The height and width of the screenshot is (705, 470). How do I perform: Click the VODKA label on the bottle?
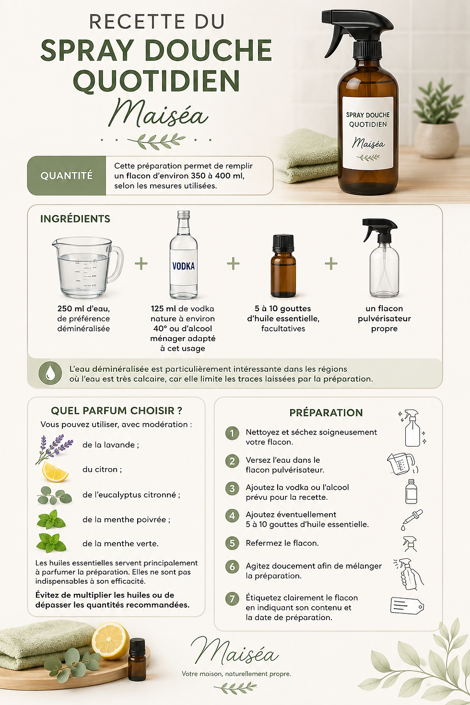coord(184,266)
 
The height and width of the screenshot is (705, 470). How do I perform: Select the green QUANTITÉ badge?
coord(66,176)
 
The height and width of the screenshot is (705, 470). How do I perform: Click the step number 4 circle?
coord(232,516)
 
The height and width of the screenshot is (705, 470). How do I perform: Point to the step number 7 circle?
coord(232,599)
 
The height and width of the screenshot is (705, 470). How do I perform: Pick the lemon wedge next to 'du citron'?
coord(55,472)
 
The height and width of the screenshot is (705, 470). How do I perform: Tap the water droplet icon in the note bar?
coord(50,373)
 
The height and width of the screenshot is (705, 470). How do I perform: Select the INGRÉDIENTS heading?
coord(75,219)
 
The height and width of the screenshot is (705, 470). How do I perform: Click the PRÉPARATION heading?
coord(326,412)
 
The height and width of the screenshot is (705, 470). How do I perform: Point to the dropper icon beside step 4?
coord(412,519)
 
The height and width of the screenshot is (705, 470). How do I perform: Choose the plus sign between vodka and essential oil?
coord(233,263)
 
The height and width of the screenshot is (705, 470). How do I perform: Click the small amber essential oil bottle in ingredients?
coord(283,266)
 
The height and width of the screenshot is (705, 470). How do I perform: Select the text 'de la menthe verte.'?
coord(120,543)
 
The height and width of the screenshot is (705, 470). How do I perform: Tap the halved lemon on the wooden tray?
coord(110,640)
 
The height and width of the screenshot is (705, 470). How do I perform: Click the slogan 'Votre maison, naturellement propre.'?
coord(236,673)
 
